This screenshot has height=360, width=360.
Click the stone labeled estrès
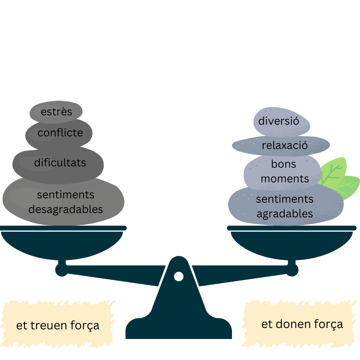click(56, 112)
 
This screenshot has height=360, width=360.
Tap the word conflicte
click(60, 133)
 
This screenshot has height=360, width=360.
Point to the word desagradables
click(66, 209)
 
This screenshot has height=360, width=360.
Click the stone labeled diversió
click(282, 122)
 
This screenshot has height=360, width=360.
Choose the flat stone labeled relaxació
click(281, 145)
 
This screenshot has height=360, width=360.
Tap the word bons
click(284, 164)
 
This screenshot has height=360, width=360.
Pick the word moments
click(285, 179)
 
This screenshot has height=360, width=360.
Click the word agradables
click(285, 214)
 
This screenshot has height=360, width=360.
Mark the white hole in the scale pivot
click(179, 276)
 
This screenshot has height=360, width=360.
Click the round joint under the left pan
click(62, 270)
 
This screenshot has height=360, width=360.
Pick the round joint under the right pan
click(292, 270)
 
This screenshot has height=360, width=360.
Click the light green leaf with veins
click(333, 171)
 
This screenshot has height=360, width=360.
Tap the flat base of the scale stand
click(179, 328)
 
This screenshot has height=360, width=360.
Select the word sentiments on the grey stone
click(66, 195)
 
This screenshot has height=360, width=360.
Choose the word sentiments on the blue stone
click(285, 199)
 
